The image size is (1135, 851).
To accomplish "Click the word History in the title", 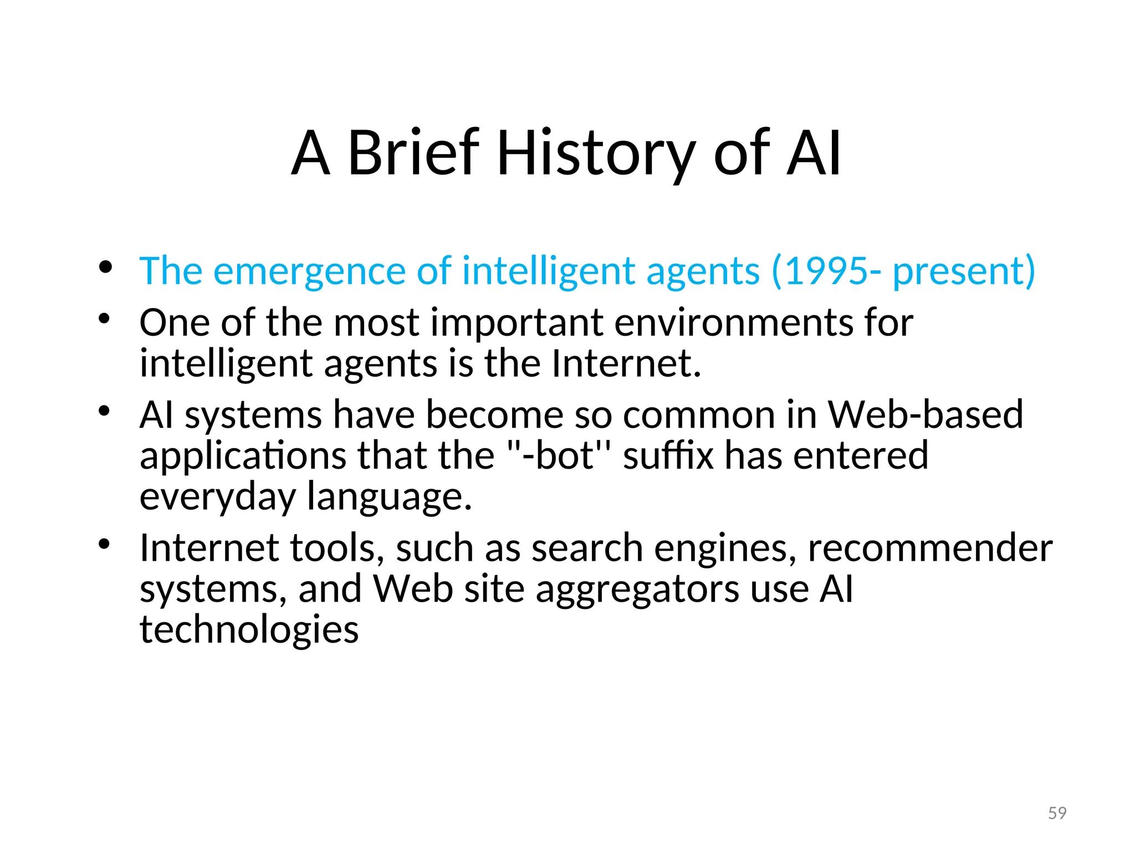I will point(596,153).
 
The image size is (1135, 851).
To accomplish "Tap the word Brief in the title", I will point(413,153).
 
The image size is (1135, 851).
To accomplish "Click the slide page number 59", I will point(1057,813).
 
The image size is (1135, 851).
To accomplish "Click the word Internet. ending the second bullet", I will point(626,363).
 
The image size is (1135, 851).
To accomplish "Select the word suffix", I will point(668,455).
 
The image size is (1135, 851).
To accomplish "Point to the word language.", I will point(389,497).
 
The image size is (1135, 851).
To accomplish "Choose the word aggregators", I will point(637,589).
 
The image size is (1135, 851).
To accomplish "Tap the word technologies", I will point(249,630).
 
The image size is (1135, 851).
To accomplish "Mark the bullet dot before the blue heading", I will point(105,268).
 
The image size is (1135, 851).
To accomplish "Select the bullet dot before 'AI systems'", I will point(105,411).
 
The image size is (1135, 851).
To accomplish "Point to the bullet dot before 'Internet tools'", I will point(105,544).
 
